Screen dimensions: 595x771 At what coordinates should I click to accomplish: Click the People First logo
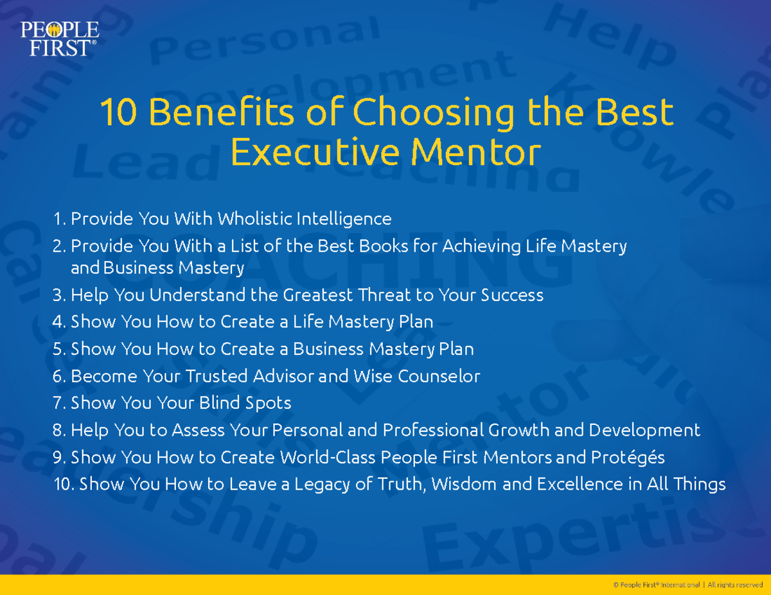(x=59, y=39)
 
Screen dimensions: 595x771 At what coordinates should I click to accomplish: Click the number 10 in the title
(x=118, y=113)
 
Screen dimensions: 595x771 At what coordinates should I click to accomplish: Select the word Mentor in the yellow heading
(x=476, y=153)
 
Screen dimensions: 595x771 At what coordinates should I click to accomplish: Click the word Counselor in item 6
(x=439, y=376)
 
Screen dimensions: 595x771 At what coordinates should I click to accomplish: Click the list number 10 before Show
(x=64, y=484)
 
